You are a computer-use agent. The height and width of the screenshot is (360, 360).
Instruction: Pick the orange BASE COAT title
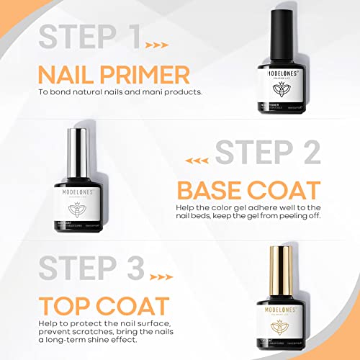tap(248, 191)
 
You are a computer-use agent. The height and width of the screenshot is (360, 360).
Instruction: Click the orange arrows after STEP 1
tap(157, 45)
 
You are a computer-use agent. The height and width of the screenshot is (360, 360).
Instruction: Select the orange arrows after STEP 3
tap(157, 276)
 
